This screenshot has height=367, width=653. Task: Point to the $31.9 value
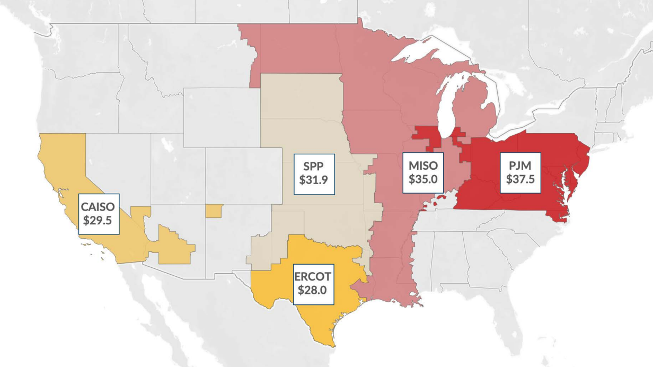pyautogui.click(x=313, y=179)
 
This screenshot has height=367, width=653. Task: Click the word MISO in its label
pyautogui.click(x=422, y=165)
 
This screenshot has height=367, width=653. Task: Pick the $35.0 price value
pyautogui.click(x=422, y=179)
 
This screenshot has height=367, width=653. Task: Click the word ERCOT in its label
pyautogui.click(x=313, y=277)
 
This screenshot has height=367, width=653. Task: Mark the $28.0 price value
pyautogui.click(x=313, y=290)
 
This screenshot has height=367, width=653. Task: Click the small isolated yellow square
pyautogui.click(x=214, y=211)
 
